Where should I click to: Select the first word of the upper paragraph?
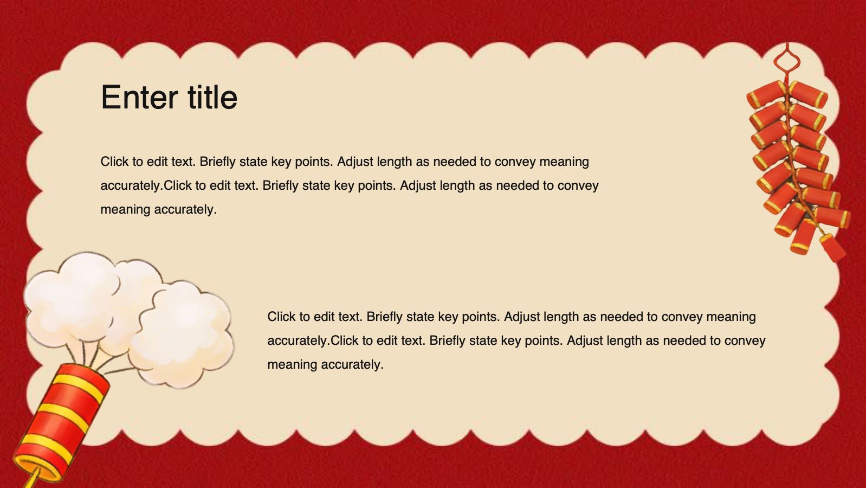tap(114, 162)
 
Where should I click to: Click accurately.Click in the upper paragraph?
tap(146, 186)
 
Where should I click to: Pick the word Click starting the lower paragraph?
tap(281, 317)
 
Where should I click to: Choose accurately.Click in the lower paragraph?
tap(313, 341)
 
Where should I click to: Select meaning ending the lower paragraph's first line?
tap(731, 317)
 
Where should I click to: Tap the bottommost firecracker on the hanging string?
tap(833, 248)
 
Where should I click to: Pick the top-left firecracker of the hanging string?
tap(766, 94)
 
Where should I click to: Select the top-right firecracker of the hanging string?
tap(808, 95)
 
